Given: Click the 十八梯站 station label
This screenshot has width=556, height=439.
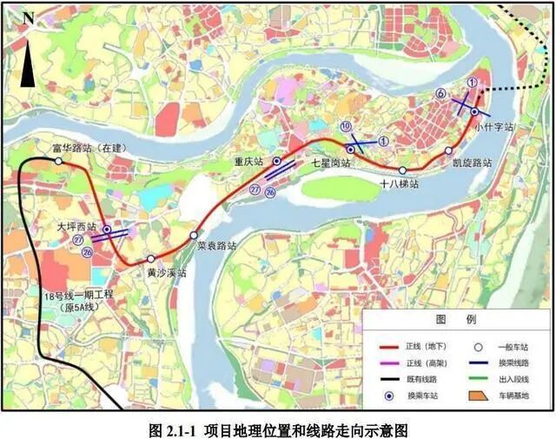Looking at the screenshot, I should pos(400,184).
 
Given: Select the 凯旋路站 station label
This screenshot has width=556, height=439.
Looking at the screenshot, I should pos(473,163).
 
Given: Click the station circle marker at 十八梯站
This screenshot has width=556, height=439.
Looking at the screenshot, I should pos(403,170).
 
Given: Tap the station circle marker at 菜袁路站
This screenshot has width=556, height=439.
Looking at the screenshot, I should pos(194,236).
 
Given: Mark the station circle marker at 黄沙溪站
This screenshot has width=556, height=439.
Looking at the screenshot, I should pos(151,259).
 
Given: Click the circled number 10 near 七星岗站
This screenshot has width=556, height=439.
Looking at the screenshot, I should pos(346,127).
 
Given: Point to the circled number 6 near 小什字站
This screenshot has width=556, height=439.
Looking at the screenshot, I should pos(441,94).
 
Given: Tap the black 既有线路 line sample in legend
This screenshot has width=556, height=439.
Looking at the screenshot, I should pos(380,378).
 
